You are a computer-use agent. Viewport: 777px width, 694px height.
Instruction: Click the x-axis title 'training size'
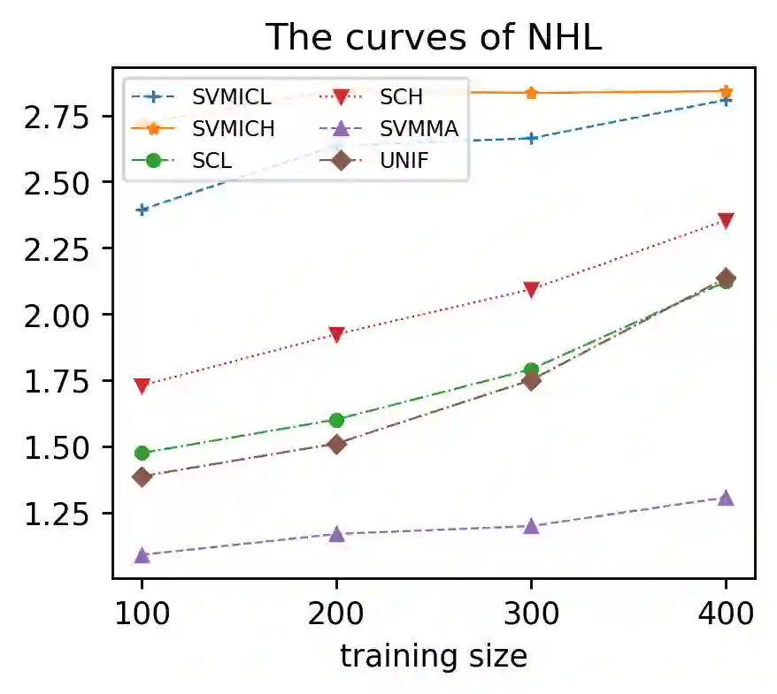pyautogui.click(x=434, y=656)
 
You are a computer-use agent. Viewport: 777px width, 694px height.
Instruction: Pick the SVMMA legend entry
pyautogui.click(x=419, y=129)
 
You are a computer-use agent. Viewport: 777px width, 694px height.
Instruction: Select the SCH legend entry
pyautogui.click(x=401, y=96)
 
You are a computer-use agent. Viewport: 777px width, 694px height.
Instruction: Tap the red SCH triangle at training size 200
pyautogui.click(x=336, y=335)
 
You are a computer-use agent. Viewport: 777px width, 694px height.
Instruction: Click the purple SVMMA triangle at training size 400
pyautogui.click(x=726, y=498)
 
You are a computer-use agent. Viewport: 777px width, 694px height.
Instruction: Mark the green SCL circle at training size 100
pyautogui.click(x=142, y=453)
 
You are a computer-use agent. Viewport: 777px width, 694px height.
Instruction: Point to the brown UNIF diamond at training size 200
pyautogui.click(x=336, y=444)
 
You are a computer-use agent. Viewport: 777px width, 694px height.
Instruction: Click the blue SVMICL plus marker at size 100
pyautogui.click(x=142, y=210)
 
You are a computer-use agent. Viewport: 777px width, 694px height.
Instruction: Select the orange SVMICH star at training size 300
pyautogui.click(x=531, y=93)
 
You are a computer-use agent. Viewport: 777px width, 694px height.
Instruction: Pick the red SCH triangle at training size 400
pyautogui.click(x=726, y=221)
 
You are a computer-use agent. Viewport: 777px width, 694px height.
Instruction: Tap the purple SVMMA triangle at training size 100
pyautogui.click(x=142, y=555)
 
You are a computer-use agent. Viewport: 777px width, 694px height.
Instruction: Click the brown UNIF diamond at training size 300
pyautogui.click(x=531, y=380)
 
